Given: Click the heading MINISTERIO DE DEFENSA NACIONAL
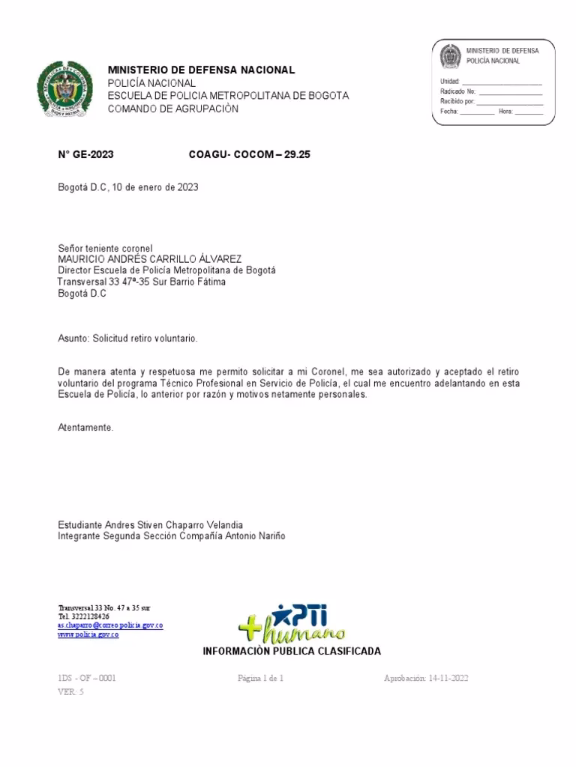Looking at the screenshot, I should [202, 70].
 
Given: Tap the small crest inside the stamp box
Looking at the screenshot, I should [449, 58].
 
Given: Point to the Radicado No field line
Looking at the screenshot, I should [509, 91].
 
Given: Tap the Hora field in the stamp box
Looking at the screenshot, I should [528, 111].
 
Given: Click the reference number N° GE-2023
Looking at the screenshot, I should [85, 155].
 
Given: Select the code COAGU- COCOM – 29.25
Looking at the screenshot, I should [249, 155].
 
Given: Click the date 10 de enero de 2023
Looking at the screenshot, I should [155, 187].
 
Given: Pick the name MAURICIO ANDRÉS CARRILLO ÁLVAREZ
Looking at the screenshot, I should [149, 259].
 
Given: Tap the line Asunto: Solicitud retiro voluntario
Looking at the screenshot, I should [127, 339].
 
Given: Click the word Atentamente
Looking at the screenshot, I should [85, 428].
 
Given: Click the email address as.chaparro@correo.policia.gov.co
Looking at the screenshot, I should [111, 625].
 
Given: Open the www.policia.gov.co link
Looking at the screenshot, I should [88, 634].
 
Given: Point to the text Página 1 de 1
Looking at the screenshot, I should [260, 679].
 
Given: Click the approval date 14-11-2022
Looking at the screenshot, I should [448, 679].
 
